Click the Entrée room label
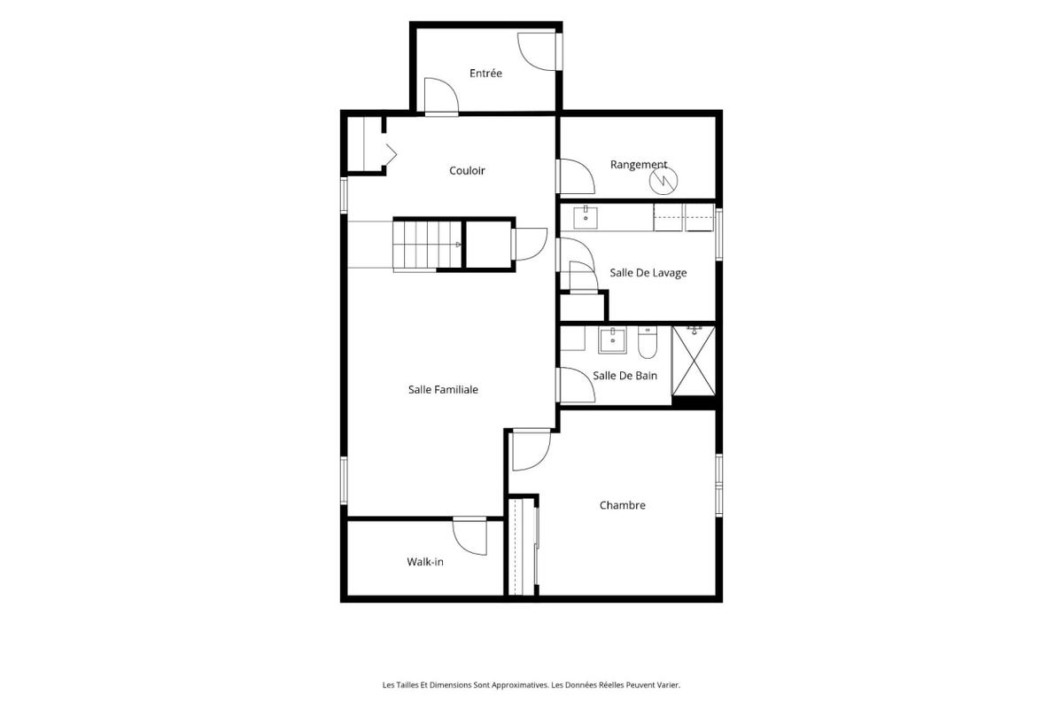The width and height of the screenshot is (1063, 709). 485,74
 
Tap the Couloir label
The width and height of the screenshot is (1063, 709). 467,170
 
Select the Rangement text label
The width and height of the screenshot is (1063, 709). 639,164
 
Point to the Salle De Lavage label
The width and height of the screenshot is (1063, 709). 648,273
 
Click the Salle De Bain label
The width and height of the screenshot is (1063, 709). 625,376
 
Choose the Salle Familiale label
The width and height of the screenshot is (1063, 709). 443,389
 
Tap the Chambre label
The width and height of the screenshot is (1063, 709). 622,505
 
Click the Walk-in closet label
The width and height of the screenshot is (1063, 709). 425,562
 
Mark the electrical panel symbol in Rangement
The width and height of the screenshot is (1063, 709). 663,181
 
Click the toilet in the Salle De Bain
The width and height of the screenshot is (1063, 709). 648,342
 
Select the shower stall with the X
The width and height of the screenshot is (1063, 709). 694,361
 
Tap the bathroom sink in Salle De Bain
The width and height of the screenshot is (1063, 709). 612,340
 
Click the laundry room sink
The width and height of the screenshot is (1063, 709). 586,217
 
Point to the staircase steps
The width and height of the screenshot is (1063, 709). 427,245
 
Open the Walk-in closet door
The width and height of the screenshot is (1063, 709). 469,535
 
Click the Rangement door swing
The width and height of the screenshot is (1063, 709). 575,176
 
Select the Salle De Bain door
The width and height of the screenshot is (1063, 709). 576,385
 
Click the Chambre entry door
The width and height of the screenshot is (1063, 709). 531,449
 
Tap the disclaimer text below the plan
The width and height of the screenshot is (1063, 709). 531,685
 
